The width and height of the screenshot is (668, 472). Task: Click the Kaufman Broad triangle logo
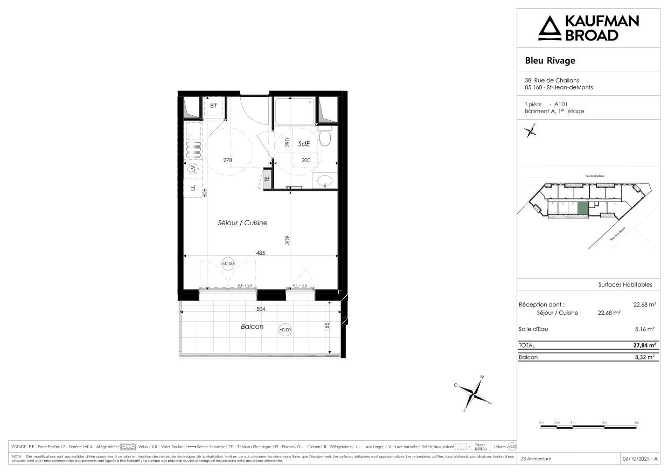pos(550,28)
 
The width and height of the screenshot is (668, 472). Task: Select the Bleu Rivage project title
pos(550,60)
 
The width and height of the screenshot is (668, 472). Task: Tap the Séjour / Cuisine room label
pos(242,223)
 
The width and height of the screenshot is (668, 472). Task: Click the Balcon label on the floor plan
pos(252,327)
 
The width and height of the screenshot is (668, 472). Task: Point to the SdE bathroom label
pos(304,144)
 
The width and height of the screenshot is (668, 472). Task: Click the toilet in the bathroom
pos(324,137)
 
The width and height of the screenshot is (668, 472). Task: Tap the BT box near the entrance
pos(214,106)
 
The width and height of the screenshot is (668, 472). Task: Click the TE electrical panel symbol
pos(267,179)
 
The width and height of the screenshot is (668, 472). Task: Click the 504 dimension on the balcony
pos(261,309)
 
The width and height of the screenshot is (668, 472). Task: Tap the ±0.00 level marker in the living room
pos(228,263)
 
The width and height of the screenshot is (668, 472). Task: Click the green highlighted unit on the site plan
pos(582,208)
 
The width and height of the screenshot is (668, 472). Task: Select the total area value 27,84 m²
pos(644,345)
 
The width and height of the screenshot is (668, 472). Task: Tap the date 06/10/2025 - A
pos(640,459)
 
